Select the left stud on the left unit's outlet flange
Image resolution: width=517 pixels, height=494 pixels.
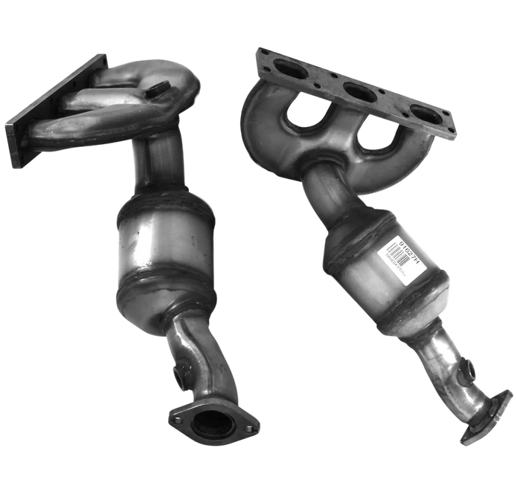coord(176,417)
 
